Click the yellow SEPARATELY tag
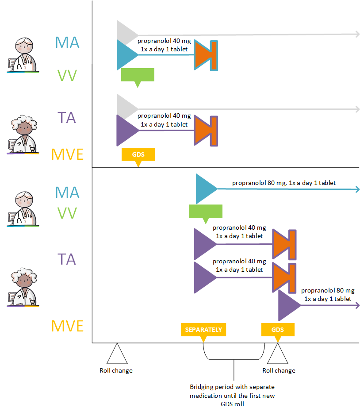(x=203, y=330)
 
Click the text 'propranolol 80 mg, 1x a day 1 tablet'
(x=283, y=183)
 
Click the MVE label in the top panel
(x=67, y=154)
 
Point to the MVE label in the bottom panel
(x=67, y=326)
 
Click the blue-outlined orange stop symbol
(x=206, y=55)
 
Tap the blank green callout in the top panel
(x=138, y=75)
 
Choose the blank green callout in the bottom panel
(x=205, y=212)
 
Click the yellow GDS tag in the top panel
(x=138, y=155)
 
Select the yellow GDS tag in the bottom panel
(x=278, y=330)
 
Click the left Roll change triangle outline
(x=116, y=354)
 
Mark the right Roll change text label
(x=279, y=370)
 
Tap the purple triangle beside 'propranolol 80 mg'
(x=288, y=306)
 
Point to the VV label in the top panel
(x=67, y=76)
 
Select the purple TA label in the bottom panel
(x=67, y=258)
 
